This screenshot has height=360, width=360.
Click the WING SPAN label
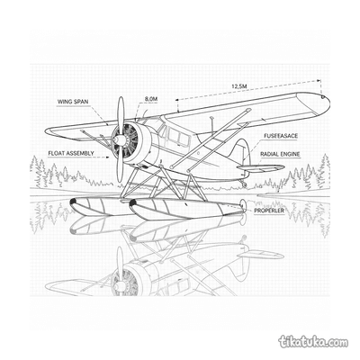[x=73, y=102]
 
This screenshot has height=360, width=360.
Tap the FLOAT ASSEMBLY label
[x=71, y=153]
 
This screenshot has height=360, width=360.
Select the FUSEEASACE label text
[x=281, y=136]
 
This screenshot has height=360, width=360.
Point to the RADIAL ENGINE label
[x=280, y=154]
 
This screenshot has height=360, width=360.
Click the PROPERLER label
[x=269, y=211]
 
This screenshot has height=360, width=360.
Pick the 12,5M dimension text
[x=238, y=86]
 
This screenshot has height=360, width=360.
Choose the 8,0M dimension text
[x=151, y=99]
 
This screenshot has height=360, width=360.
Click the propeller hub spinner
[x=120, y=139]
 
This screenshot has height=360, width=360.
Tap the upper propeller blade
[x=121, y=115]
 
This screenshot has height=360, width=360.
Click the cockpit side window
[x=178, y=137]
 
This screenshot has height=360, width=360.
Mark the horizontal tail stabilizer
[x=260, y=167]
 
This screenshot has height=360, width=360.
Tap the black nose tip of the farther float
[x=73, y=202]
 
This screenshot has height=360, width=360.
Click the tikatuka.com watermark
[x=314, y=341]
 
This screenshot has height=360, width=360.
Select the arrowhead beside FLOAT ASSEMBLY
[x=107, y=157]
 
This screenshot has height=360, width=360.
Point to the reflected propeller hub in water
[x=120, y=284]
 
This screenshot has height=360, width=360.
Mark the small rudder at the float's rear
[x=243, y=205]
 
